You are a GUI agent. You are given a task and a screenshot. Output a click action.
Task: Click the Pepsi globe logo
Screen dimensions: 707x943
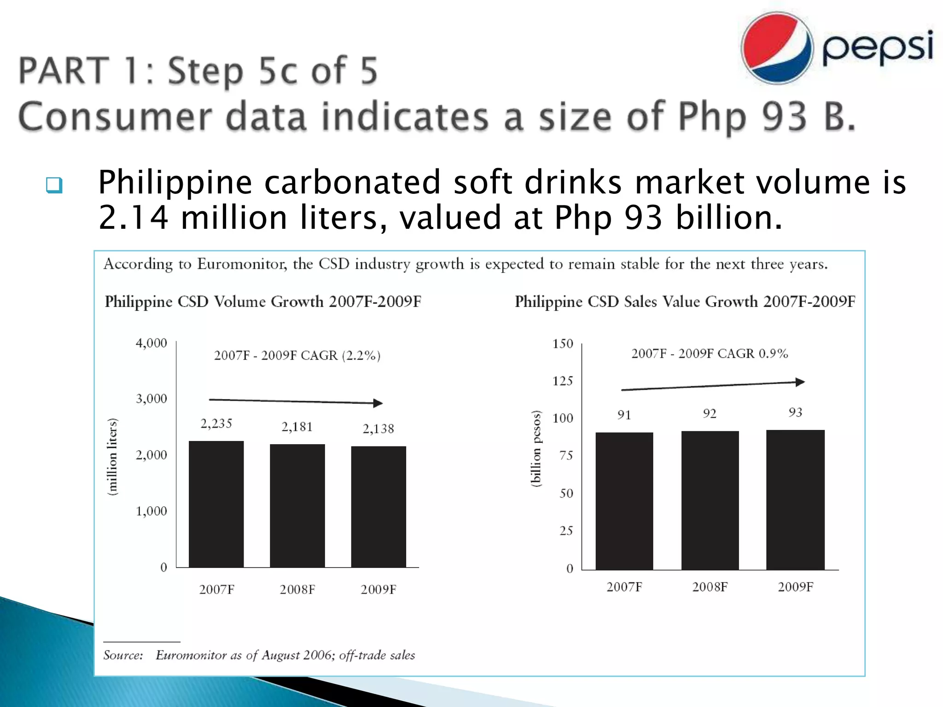pos(777,48)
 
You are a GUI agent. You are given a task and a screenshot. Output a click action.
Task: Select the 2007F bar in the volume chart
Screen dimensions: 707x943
pos(216,504)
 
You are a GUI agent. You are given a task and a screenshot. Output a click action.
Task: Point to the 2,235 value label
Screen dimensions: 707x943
pos(216,423)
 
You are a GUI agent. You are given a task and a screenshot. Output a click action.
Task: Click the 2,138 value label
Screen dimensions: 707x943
pos(378,429)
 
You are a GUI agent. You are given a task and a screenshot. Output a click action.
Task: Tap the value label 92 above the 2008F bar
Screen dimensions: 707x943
pos(710,413)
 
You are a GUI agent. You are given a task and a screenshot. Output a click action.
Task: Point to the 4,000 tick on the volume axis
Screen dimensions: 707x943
pos(151,343)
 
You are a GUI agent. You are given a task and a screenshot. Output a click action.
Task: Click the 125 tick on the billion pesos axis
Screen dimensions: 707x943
pos(563,381)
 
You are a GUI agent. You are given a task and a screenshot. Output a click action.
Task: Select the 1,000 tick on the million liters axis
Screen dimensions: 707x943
pos(151,511)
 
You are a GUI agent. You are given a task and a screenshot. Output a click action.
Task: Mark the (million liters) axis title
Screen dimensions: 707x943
pos(112,457)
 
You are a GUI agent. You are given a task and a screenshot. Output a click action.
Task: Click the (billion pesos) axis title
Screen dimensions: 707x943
pos(536,448)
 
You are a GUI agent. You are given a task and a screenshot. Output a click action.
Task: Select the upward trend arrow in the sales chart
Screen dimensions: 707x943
pos(713,386)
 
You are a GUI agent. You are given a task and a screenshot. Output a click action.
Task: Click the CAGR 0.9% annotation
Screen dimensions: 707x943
pos(709,353)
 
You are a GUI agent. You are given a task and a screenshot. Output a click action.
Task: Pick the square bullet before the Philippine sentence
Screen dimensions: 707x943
pos(54,185)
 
